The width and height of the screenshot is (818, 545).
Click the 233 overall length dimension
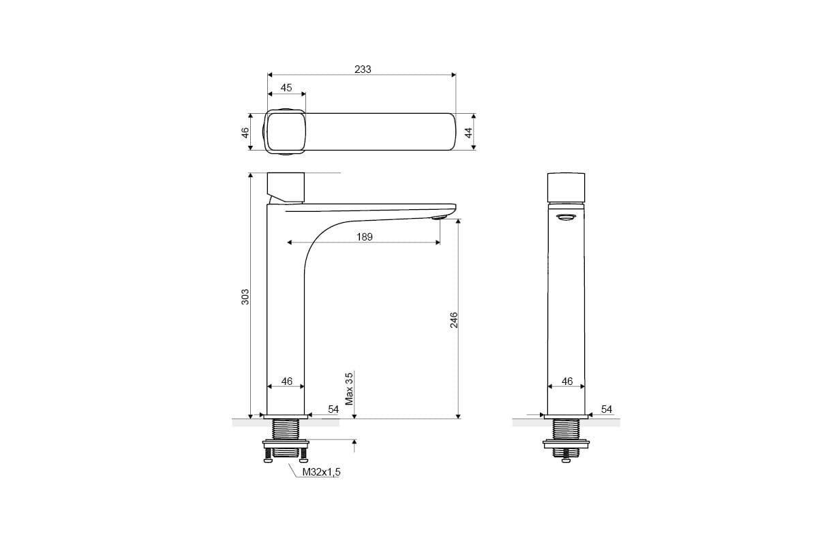[x=363, y=69]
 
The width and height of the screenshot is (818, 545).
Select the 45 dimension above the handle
[x=286, y=88]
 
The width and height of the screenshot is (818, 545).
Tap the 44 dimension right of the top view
[x=468, y=132]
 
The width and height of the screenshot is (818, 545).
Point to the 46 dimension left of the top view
[x=245, y=132]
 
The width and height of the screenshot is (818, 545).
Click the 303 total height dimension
[x=245, y=297]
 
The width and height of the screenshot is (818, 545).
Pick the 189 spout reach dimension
[x=365, y=237]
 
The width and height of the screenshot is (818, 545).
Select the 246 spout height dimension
[x=453, y=320]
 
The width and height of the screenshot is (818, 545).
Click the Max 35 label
[x=350, y=389]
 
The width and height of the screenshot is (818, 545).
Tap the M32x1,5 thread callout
[x=321, y=472]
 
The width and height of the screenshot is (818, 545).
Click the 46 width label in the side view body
[x=287, y=381]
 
